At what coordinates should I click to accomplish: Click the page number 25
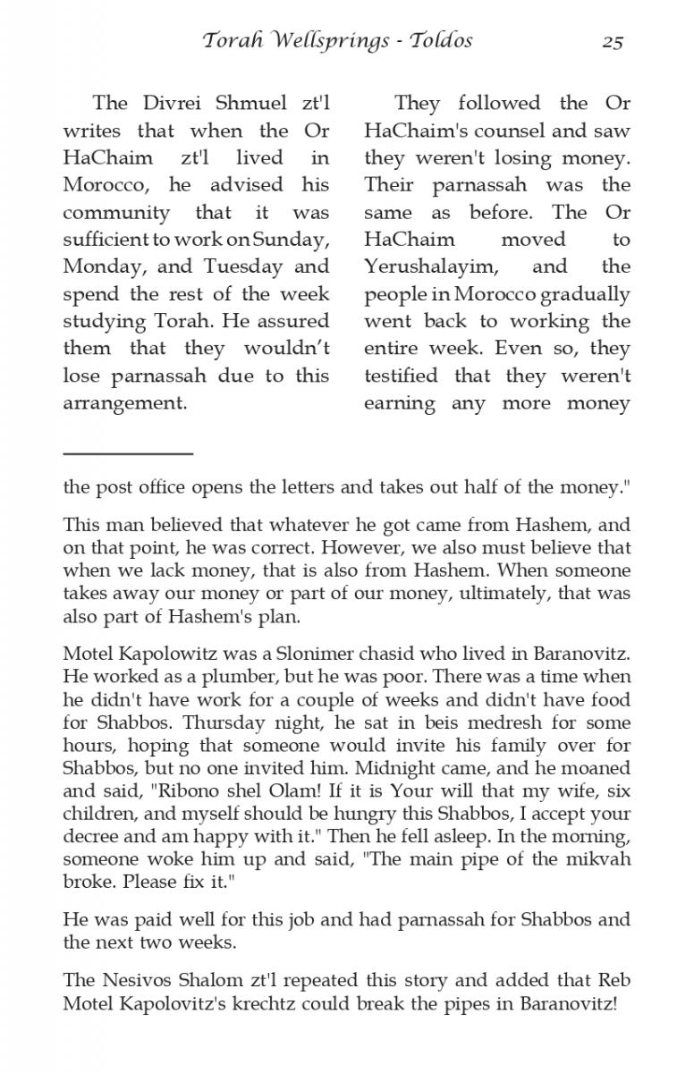(x=612, y=41)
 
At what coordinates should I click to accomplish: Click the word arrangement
(x=124, y=403)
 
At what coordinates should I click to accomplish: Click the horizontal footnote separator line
(x=128, y=454)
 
